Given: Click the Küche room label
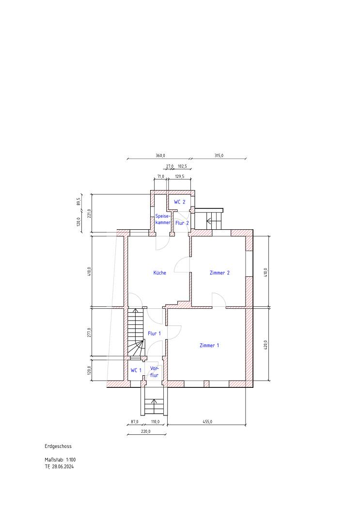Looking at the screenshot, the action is click(160, 272).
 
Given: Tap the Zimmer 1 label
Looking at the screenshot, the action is click(209, 346).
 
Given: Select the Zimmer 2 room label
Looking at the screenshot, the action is click(219, 272).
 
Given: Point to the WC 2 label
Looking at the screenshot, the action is click(179, 202).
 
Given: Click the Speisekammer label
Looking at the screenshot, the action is click(163, 219).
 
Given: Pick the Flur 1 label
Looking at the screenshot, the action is click(154, 334).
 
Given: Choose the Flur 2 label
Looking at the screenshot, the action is click(182, 223).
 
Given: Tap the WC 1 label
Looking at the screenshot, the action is click(136, 370).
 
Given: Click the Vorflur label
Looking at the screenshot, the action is click(154, 372).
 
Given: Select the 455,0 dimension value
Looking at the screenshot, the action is click(207, 422).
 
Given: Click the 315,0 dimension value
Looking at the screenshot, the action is click(219, 156).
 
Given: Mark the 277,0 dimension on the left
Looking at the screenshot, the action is click(89, 333).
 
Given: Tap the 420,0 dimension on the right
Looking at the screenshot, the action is click(266, 345).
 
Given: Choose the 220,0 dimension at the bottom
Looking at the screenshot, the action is click(146, 431).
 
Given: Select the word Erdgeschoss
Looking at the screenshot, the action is click(58, 446).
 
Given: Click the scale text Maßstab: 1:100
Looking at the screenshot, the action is click(60, 460).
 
